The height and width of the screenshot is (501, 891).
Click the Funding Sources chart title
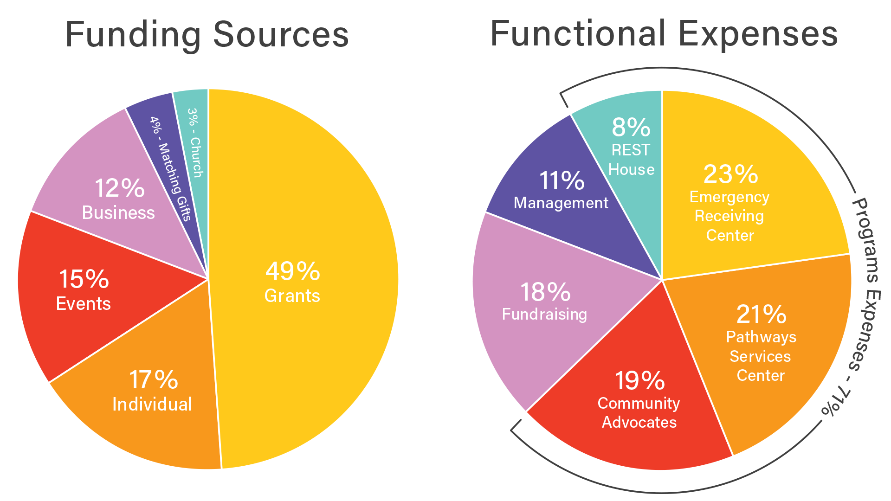(207, 35)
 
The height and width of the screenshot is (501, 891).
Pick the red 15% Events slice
(84, 292)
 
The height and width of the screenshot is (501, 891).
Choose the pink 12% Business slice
(116, 195)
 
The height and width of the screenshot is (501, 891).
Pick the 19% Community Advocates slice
(640, 404)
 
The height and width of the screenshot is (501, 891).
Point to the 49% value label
(293, 271)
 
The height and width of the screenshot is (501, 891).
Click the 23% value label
(731, 174)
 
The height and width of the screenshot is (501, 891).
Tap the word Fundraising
(545, 314)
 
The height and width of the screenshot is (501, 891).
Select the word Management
(561, 203)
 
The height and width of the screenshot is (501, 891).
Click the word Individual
(152, 404)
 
